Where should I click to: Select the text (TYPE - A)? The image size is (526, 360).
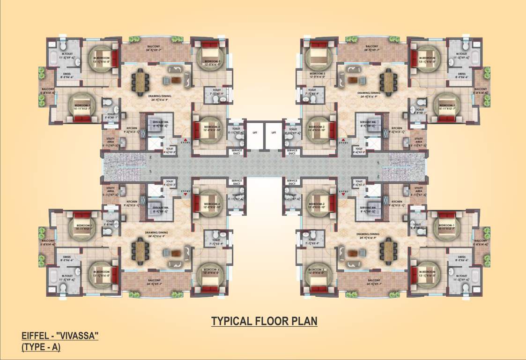point(41,348)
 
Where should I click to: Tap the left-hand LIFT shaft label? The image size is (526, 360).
point(255,133)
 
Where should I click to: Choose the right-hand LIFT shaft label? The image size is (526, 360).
point(274,133)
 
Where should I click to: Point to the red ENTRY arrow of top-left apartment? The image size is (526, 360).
point(186,140)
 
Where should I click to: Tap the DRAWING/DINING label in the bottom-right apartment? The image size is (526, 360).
point(369,234)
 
